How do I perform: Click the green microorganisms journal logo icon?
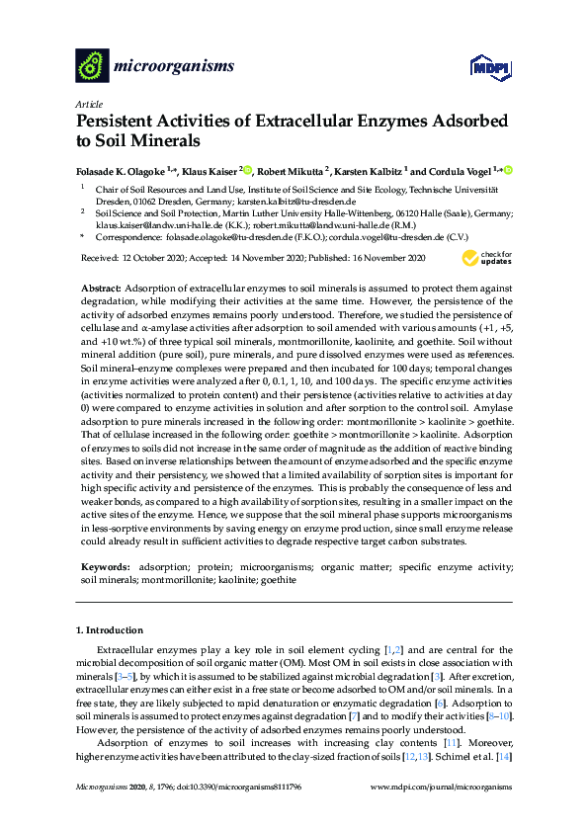[x=92, y=66]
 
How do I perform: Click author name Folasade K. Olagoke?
[x=126, y=171]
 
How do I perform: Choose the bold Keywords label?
[x=104, y=569]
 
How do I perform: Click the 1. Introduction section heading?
[x=115, y=629]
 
